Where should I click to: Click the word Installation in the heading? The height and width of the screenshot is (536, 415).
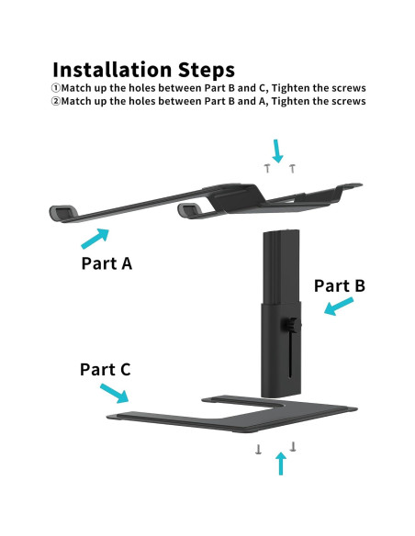112,70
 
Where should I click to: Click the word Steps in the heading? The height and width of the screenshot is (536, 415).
207,71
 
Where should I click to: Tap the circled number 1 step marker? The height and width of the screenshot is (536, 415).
56,88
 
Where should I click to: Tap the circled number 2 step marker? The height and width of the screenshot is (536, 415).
56,101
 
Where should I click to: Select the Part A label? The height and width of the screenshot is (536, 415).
107,263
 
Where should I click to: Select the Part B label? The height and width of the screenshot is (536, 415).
340,285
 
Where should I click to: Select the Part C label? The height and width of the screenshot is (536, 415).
106,370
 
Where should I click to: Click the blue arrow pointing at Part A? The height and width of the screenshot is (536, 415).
95,239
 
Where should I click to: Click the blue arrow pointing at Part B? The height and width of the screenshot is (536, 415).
339,306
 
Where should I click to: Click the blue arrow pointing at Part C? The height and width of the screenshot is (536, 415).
114,394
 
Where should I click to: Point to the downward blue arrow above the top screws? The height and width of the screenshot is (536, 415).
277,151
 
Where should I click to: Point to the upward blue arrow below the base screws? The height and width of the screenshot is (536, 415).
281,463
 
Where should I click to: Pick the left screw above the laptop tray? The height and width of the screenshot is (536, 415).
267,168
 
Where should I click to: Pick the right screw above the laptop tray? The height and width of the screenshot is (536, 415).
292,169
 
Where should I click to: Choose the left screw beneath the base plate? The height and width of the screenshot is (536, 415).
258,449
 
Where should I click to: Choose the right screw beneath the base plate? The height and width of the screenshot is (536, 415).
293,446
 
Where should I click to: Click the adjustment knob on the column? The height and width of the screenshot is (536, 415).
291,324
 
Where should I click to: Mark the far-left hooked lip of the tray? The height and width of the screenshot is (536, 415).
62,213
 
